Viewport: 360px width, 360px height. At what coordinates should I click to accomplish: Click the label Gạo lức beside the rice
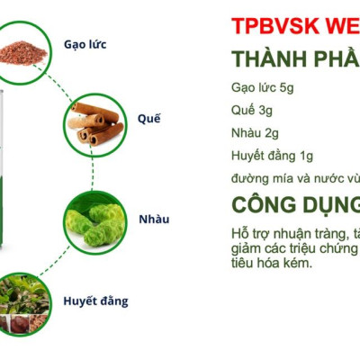pos(86,44)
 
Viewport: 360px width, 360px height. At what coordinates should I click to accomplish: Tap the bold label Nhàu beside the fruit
pos(154,219)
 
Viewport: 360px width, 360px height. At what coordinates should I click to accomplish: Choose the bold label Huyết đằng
pos(95,300)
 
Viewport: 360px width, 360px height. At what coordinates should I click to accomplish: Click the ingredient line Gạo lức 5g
pos(262,87)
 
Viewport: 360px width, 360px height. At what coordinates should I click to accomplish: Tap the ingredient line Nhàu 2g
pos(254,132)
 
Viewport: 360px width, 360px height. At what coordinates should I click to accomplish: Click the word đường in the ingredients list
pos(248,177)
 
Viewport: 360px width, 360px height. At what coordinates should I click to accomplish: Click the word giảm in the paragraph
pos(247,248)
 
